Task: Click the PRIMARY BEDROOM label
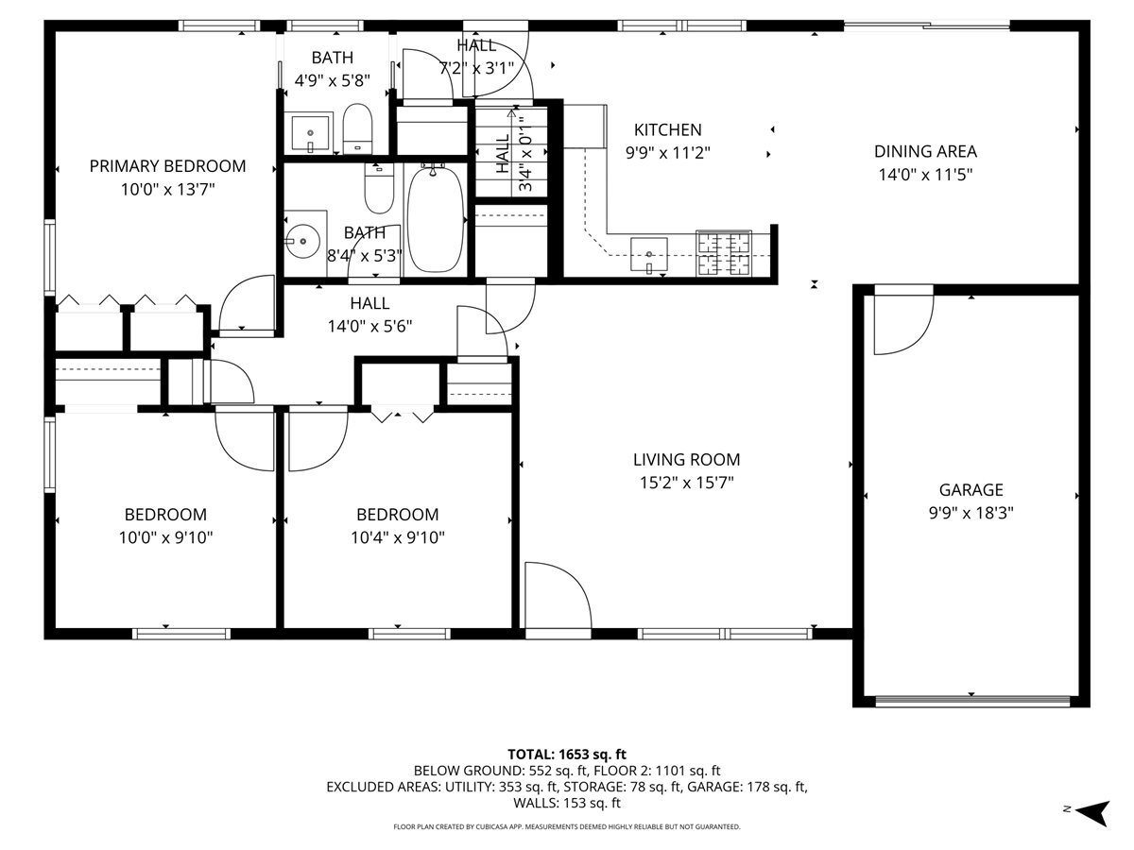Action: [167, 166]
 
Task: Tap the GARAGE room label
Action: [971, 489]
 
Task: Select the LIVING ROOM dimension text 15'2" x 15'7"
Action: [686, 483]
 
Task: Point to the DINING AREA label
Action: [924, 151]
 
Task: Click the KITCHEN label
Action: [667, 130]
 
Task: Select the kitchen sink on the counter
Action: [650, 253]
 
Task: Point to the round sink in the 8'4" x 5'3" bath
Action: [302, 241]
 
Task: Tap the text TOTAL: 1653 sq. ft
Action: [567, 754]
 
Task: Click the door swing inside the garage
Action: [900, 326]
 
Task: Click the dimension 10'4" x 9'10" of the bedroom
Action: [397, 537]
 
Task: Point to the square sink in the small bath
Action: [309, 132]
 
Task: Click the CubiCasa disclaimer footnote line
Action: [567, 826]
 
